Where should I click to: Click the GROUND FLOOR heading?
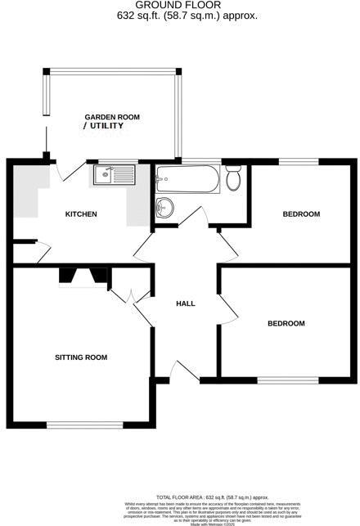(179, 6)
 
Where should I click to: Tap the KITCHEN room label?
(81, 214)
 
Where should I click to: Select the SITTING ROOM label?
(81, 357)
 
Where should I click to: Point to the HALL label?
(186, 304)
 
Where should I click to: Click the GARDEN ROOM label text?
(113, 118)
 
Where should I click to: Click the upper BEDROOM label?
(301, 214)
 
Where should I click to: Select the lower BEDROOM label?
(286, 324)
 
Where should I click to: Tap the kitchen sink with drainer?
(114, 174)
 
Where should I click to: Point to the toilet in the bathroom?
(234, 178)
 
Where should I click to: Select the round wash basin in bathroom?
(164, 207)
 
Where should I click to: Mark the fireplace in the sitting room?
(83, 277)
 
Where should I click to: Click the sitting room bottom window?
(84, 424)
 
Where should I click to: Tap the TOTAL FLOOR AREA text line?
(214, 497)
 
